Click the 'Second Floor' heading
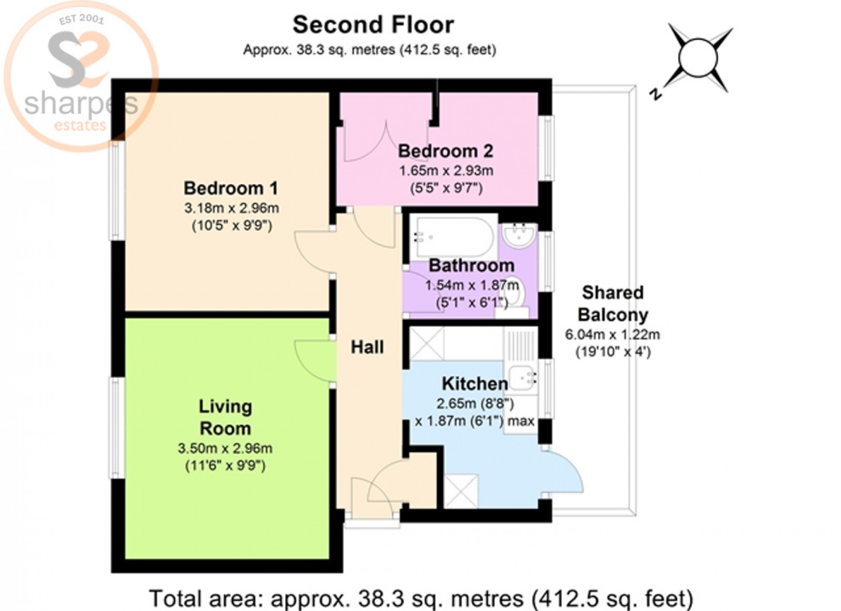click(373, 25)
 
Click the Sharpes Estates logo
click(81, 77)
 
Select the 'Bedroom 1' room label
click(231, 188)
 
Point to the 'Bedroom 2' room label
click(445, 151)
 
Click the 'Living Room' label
click(225, 417)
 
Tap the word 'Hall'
click(367, 347)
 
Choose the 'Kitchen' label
click(475, 384)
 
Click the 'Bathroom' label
click(471, 266)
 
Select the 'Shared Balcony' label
click(612, 304)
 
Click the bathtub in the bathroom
click(452, 238)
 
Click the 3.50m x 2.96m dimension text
click(225, 448)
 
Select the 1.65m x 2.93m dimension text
click(446, 171)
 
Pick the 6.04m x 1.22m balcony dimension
click(612, 335)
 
